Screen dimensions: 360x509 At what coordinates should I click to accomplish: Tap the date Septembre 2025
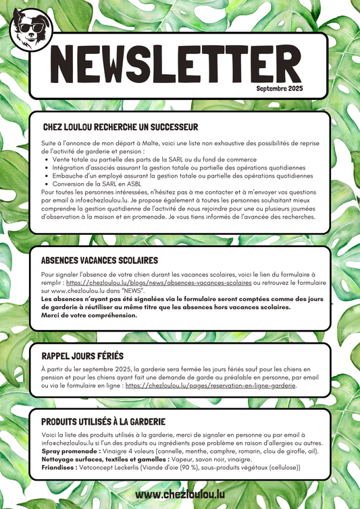280,88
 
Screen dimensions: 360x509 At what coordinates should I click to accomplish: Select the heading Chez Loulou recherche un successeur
120,127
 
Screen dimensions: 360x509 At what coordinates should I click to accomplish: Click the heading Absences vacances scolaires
99,260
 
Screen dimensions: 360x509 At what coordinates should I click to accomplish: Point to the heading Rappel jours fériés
84,356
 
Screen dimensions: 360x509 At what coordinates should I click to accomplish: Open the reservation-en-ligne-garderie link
211,386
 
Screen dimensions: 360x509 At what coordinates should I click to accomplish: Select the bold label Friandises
59,467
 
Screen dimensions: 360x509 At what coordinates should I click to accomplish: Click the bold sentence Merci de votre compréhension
88,315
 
